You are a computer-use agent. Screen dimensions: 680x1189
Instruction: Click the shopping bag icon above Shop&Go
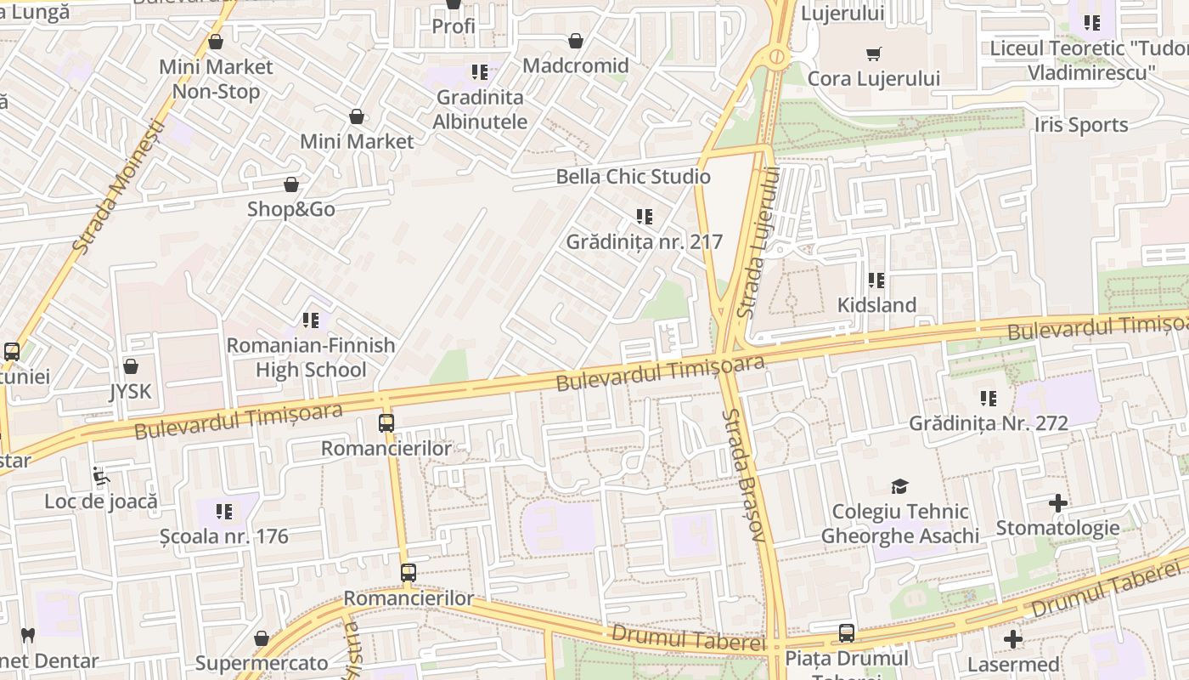291,184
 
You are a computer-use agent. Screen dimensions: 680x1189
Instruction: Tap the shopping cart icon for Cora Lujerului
873,54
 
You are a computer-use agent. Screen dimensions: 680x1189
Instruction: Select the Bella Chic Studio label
633,177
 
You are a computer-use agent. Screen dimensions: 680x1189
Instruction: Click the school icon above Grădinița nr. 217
645,217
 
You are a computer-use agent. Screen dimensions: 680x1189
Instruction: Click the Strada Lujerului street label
758,242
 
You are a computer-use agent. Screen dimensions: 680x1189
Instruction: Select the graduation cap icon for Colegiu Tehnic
899,486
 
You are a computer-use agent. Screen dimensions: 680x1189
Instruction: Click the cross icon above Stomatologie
1057,503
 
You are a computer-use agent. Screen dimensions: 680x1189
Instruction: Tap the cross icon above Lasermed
1013,639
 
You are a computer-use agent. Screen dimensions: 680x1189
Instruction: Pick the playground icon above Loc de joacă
101,477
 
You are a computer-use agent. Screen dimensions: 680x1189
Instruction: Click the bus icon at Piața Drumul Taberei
847,633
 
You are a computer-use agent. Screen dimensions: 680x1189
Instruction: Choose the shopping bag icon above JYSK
130,366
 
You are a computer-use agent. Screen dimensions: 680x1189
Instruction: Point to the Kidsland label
876,305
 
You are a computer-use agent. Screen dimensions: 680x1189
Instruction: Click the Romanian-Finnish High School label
312,357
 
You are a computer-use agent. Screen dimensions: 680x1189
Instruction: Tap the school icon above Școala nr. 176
224,512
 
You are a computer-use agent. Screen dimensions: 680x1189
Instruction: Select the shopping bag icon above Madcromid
576,41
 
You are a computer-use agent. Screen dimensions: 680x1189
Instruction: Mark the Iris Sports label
1080,125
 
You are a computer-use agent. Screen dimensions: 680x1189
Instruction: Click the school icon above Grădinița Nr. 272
989,398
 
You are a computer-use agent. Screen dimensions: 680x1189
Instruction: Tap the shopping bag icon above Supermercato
262,638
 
